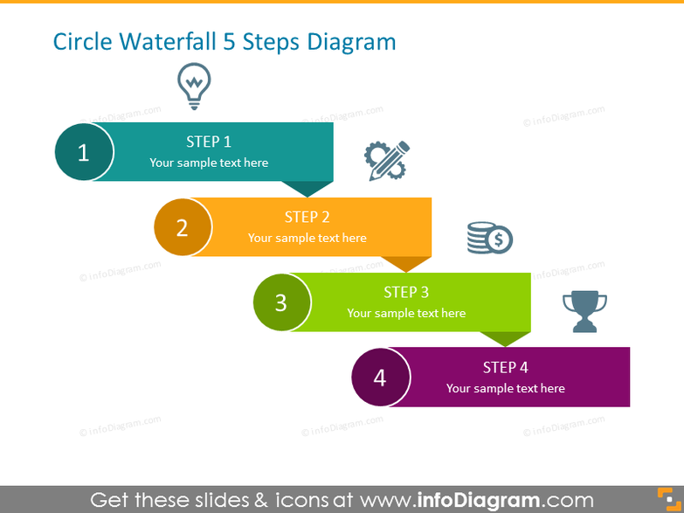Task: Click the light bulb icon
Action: click(194, 86)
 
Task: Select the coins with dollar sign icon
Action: click(489, 238)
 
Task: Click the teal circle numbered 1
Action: click(84, 153)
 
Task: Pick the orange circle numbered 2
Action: click(183, 228)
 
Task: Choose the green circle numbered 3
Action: click(281, 302)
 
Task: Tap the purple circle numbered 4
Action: click(380, 378)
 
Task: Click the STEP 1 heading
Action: click(209, 142)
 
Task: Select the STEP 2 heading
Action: click(307, 217)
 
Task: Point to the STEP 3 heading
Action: click(406, 292)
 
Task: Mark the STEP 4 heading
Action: click(505, 367)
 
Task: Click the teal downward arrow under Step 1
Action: click(307, 188)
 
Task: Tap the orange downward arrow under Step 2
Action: click(406, 263)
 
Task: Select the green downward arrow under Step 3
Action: click(505, 338)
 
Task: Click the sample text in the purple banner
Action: click(505, 388)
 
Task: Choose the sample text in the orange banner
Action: click(307, 238)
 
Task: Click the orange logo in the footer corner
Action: click(668, 500)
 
